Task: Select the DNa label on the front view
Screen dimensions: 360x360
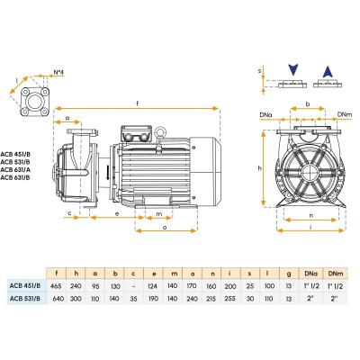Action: pos(264,115)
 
